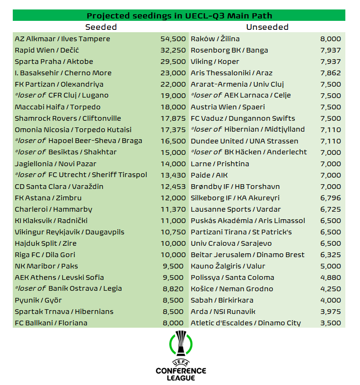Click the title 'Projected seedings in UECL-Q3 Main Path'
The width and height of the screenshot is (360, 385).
[179, 16]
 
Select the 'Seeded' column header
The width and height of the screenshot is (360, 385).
[101, 27]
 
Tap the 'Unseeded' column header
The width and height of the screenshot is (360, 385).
[267, 27]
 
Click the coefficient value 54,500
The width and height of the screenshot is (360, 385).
[173, 39]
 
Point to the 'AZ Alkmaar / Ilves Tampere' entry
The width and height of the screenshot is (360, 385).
[62, 39]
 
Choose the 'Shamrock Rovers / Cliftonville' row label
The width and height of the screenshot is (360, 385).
[68, 118]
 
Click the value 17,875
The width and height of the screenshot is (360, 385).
[173, 118]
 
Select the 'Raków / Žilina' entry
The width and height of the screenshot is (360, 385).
[215, 39]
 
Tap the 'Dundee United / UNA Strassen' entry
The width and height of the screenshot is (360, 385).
[245, 141]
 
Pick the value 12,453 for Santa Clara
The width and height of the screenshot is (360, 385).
[173, 187]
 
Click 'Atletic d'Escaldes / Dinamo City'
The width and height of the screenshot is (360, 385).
[246, 323]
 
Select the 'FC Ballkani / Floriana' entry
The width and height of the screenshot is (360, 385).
[51, 323]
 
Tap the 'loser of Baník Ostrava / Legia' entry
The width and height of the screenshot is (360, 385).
[68, 289]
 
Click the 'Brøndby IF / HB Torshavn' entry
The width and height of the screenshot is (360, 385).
[235, 187]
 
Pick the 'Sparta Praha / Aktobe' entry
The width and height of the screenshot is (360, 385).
[54, 62]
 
